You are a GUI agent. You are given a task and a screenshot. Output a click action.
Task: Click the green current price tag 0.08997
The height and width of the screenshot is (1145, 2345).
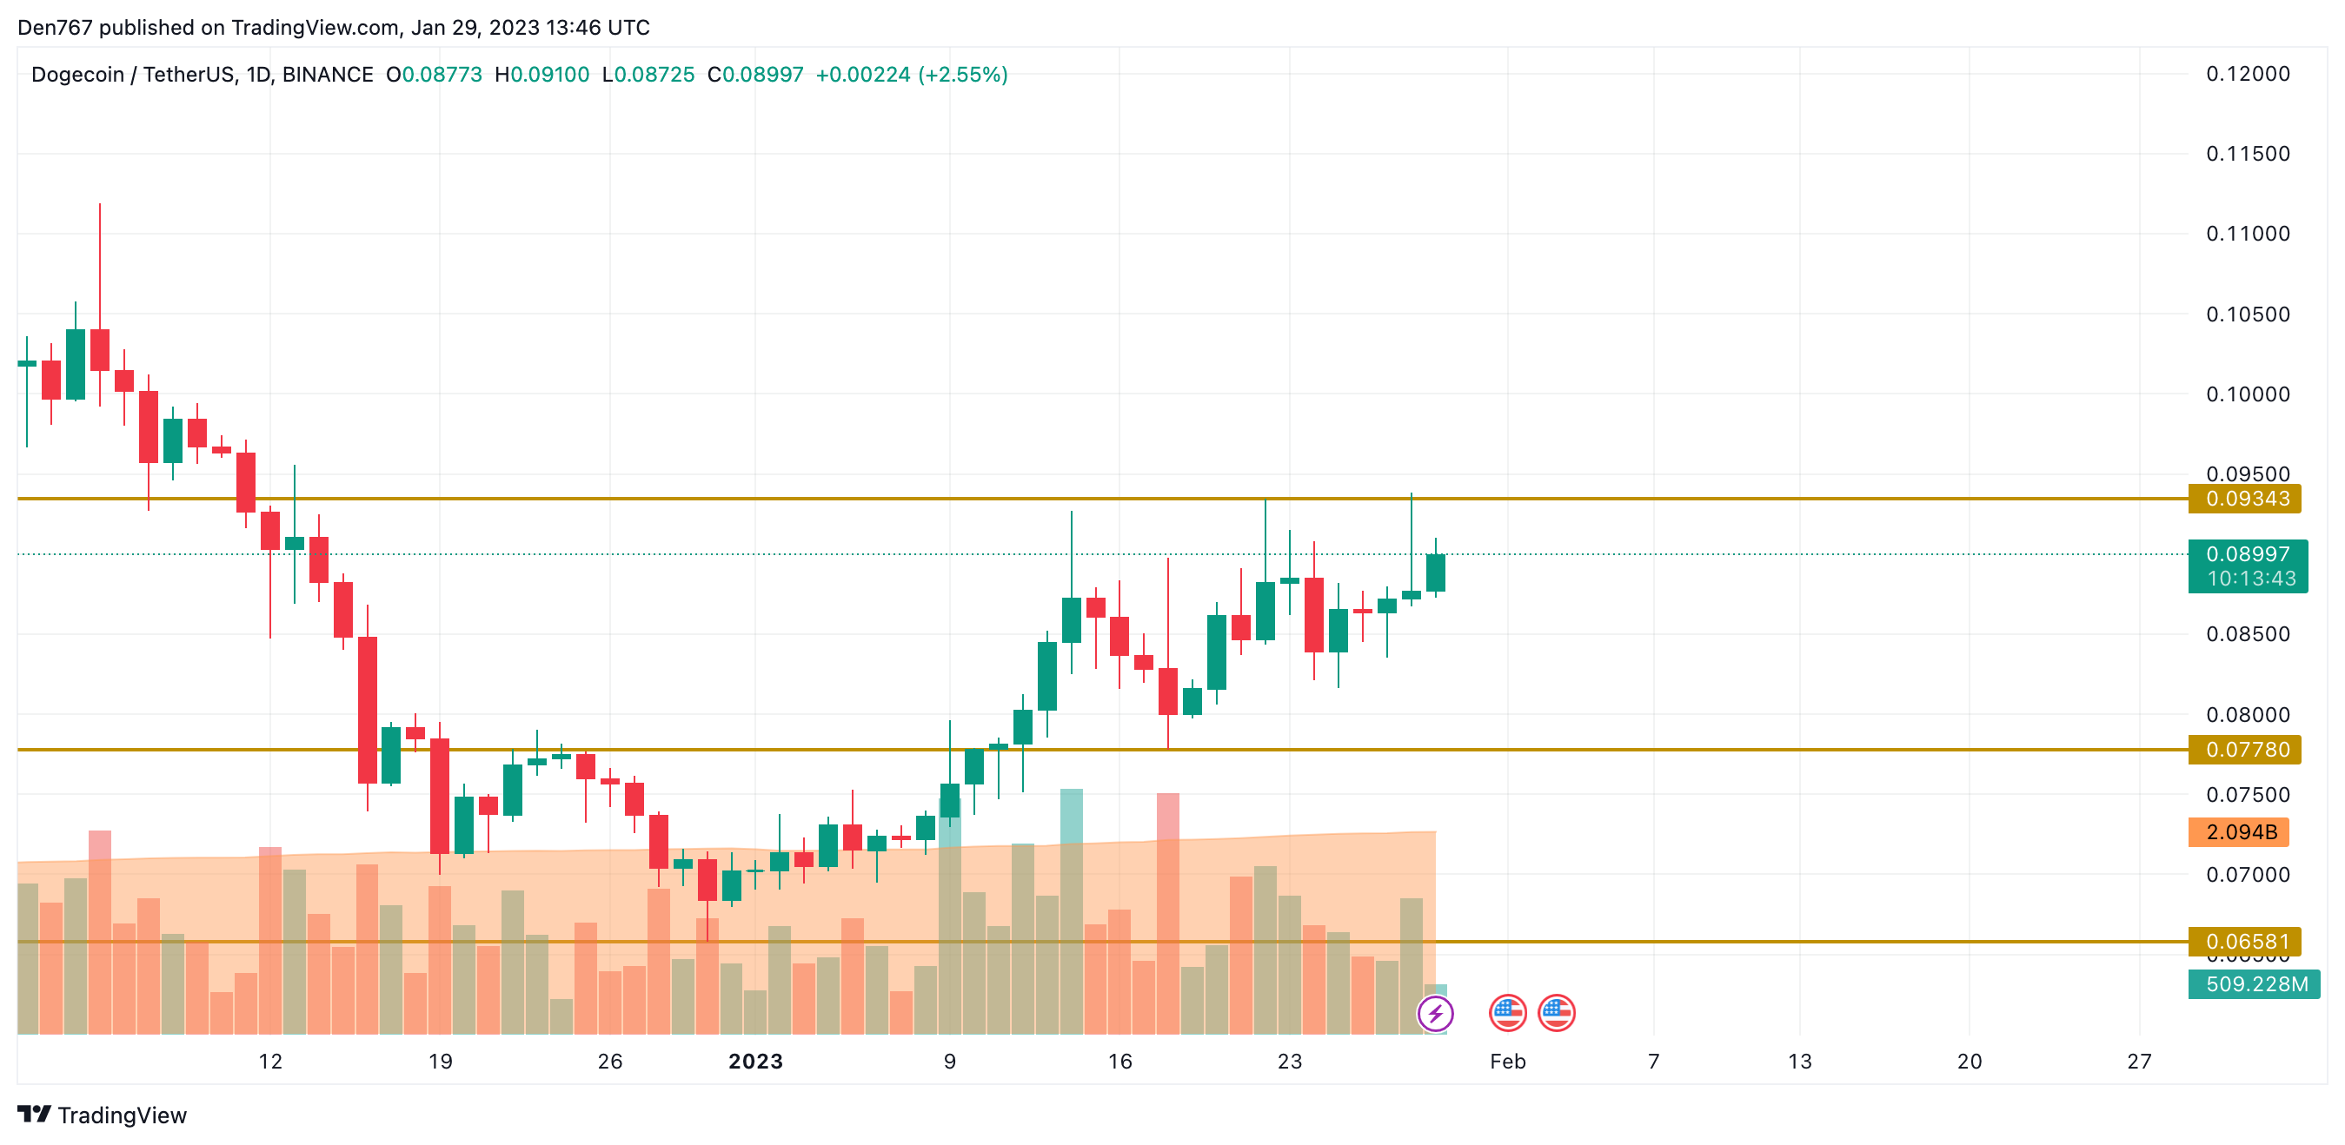[2247, 554]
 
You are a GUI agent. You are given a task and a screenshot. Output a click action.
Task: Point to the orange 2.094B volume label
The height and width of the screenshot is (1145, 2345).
[2240, 832]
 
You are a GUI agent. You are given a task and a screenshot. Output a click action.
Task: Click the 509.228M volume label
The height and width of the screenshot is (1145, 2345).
[2255, 984]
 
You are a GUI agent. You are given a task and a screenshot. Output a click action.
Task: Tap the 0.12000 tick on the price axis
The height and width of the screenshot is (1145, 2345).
[2247, 74]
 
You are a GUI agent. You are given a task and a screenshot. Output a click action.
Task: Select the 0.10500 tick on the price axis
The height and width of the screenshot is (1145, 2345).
[2247, 314]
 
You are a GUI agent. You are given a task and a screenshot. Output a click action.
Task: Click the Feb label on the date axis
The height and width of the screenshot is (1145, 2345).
[1507, 1062]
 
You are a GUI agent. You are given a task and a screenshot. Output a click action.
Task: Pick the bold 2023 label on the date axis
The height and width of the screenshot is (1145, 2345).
[754, 1062]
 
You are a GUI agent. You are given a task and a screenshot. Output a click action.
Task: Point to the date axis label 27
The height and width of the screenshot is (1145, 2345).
[2138, 1062]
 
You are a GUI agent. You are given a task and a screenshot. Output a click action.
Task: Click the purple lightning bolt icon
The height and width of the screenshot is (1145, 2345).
[1436, 1013]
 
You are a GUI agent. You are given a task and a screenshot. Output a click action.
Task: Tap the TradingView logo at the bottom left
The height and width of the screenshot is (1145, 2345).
[102, 1115]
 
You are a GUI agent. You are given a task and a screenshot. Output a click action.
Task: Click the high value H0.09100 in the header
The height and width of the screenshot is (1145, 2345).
[541, 75]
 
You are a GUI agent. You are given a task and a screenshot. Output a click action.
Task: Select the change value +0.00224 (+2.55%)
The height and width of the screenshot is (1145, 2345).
[911, 75]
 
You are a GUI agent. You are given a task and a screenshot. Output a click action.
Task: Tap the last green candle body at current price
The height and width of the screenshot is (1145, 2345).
[1436, 573]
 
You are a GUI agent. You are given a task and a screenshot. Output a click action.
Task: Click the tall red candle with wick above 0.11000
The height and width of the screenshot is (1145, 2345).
[100, 349]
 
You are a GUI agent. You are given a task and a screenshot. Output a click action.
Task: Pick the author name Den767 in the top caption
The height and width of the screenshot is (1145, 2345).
[55, 27]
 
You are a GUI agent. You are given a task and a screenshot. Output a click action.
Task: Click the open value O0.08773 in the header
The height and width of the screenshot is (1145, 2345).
[435, 75]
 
